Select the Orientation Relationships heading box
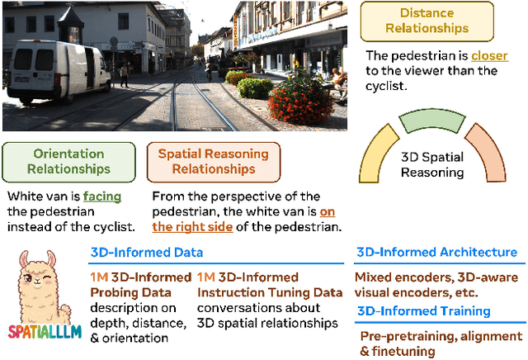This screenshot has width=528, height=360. coord(68,162)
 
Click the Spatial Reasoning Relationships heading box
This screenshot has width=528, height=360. coord(213,162)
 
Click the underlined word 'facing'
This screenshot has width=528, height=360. coord(103,197)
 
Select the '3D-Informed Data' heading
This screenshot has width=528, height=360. coord(145,253)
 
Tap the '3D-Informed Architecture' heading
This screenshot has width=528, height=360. coord(436,253)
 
